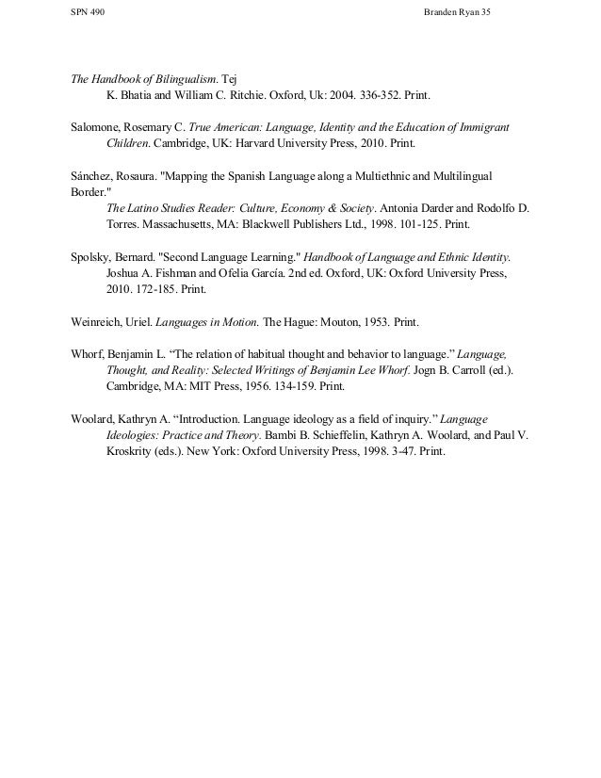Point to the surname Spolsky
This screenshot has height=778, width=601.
click(x=93, y=256)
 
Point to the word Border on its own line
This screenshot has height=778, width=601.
click(x=89, y=192)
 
